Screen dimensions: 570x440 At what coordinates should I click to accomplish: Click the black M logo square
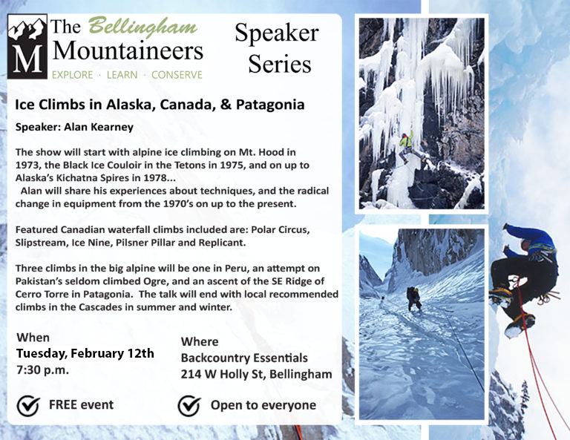27,47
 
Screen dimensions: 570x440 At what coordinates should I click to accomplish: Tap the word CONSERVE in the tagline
177,75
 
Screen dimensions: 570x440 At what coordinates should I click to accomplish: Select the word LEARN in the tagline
122,75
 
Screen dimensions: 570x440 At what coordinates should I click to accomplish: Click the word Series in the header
280,64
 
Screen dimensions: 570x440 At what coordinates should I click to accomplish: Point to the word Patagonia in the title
270,105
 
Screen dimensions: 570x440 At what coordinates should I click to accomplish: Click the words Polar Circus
280,230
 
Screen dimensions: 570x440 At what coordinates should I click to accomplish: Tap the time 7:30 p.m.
42,370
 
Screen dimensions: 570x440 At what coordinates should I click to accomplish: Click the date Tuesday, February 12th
85,353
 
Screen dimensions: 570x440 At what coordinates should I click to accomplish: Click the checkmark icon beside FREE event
28,405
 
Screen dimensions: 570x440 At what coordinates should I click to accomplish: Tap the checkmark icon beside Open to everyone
189,405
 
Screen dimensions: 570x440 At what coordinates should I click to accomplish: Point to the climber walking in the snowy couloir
414,299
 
